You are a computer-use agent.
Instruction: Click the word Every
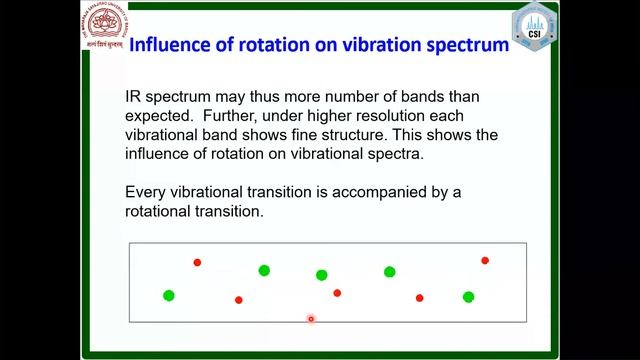click(148, 193)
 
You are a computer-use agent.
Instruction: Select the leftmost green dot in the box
click(169, 295)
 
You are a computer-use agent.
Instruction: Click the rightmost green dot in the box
click(468, 296)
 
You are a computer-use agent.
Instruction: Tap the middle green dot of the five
click(321, 275)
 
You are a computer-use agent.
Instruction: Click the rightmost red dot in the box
click(485, 260)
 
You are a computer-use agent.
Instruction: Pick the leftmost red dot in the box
click(197, 262)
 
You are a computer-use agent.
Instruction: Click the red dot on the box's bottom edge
click(311, 320)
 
